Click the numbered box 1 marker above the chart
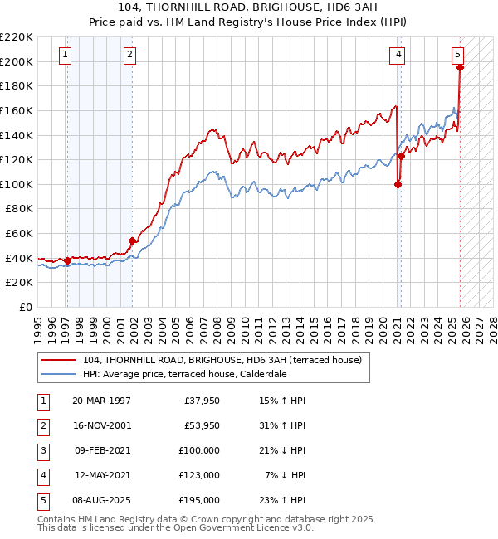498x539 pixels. (65, 56)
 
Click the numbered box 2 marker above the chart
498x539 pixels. (130, 56)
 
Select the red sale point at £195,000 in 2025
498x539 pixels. (460, 68)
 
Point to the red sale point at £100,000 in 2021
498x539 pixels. (398, 184)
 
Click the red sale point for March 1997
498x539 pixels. (67, 260)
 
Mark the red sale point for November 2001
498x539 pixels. (132, 241)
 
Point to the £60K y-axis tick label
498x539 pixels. (19, 234)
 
